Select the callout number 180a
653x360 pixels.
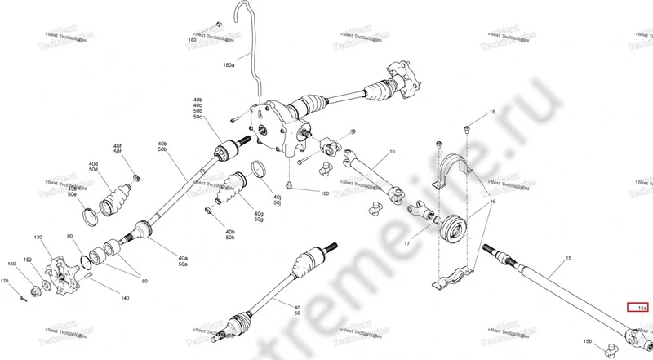click(x=229, y=64)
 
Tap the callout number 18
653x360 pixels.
click(x=492, y=112)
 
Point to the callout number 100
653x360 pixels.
click(x=324, y=193)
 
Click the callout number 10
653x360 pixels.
click(x=392, y=152)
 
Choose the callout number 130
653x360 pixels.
click(x=38, y=237)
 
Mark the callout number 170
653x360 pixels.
click(x=5, y=281)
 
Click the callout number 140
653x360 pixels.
click(x=124, y=298)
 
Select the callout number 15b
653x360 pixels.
click(x=588, y=340)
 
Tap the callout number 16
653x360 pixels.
click(x=492, y=200)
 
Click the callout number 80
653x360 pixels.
click(x=72, y=237)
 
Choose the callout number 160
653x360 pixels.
click(x=11, y=264)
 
